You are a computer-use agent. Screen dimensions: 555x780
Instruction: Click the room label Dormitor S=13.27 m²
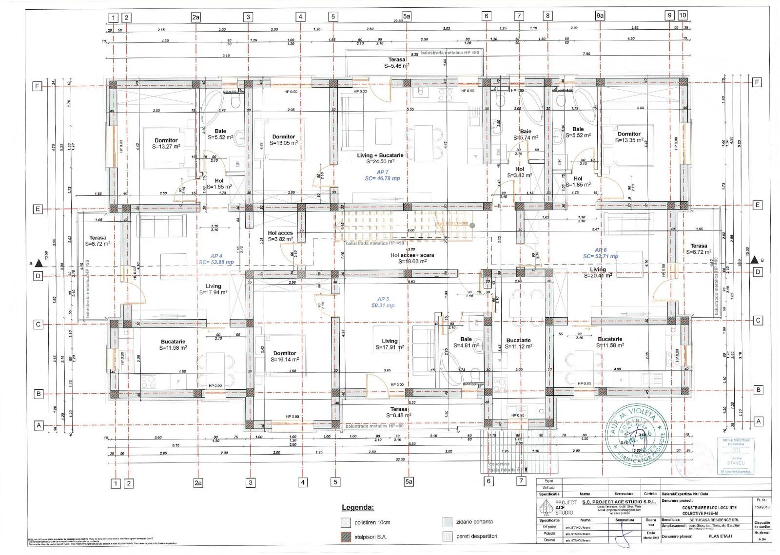(166, 143)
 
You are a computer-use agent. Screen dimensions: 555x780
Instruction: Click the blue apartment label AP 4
(216, 259)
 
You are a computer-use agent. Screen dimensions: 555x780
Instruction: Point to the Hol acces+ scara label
(412, 258)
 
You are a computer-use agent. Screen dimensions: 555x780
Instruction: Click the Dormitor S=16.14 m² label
(285, 356)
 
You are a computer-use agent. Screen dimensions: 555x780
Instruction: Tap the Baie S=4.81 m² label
(466, 342)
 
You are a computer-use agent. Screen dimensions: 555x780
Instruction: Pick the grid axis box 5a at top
(407, 16)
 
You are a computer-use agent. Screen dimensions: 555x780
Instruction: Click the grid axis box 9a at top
(600, 16)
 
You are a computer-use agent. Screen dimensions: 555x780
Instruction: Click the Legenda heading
(358, 507)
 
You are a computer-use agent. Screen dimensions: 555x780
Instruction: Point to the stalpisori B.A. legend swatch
(346, 537)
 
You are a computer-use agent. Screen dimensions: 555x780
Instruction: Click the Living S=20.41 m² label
(598, 272)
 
